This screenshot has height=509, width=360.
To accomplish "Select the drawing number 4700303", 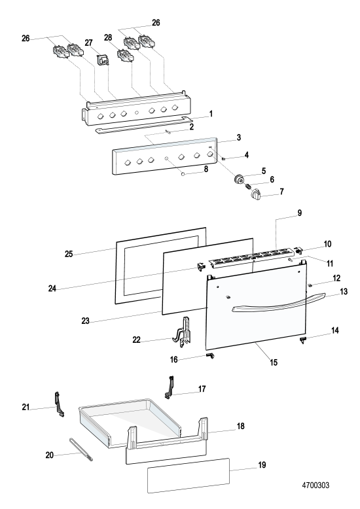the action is coord(315,485).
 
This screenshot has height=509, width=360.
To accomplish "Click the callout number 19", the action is coord(262,465).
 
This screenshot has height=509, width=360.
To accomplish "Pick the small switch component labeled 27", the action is coord(102,60).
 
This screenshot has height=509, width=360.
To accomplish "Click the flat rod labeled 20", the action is coord(81,449).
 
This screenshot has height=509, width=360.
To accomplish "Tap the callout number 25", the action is coord(69,254).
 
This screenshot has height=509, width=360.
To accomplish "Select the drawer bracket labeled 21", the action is coord(58,404).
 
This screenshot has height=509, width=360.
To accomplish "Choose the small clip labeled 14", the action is coord(303,340).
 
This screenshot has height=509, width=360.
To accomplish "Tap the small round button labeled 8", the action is coord(183,173).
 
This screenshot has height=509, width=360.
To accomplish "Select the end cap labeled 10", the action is coord(298,250).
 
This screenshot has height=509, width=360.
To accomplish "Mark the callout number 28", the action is coord(108,38).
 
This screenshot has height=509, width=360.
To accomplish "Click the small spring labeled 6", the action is coord(248,186).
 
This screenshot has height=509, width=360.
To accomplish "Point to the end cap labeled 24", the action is coord(200,267).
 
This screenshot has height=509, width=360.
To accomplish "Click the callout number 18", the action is coord(240,426).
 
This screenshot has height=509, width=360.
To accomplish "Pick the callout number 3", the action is coord(239,137).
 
